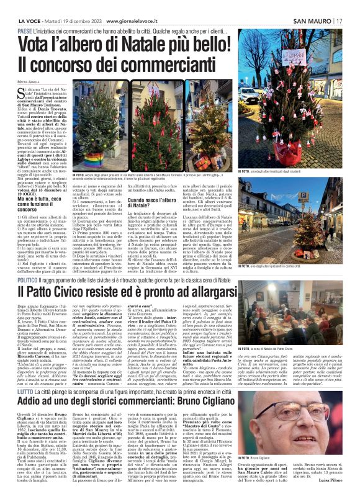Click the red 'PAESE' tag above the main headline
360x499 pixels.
(25, 31)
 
